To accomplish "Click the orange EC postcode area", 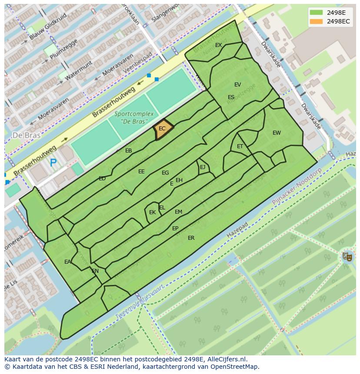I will click(163, 129).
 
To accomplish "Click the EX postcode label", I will click(218, 45).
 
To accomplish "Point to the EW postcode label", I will click(277, 133).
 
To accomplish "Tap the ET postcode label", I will click(240, 146).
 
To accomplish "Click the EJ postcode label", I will click(203, 167).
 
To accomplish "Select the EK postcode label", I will click(152, 212).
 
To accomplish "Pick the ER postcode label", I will click(191, 238).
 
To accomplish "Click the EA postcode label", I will click(67, 262).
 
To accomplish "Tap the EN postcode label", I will click(95, 271).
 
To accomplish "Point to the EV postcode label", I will click(237, 85).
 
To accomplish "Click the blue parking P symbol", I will click(53, 163).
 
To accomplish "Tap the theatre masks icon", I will click(347, 256).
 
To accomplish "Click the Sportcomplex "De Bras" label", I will click(134, 117).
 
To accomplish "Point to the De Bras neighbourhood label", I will click(27, 135).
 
